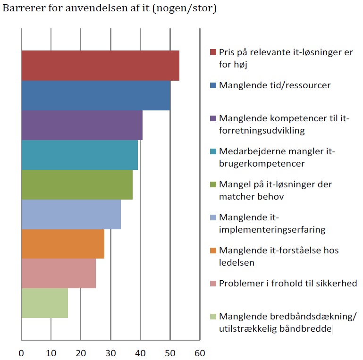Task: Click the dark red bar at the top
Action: tap(100, 66)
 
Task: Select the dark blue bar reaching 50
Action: tap(95, 95)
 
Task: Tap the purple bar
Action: tap(82, 125)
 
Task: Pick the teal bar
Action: tap(79, 155)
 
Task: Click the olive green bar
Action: tap(77, 184)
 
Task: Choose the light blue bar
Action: tap(71, 214)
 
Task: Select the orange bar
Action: tap(63, 244)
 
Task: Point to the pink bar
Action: tap(59, 273)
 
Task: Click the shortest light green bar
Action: tap(44, 303)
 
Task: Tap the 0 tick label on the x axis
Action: tap(21, 353)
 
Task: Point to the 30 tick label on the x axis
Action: tap(110, 353)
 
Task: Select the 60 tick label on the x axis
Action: tap(200, 353)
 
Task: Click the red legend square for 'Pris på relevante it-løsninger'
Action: tap(213, 52)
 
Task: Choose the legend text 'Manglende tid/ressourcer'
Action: tap(275, 85)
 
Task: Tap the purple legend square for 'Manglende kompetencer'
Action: tap(213, 118)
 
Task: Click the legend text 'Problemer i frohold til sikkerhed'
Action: tap(288, 283)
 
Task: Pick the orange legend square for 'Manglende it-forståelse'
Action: tap(213, 250)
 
